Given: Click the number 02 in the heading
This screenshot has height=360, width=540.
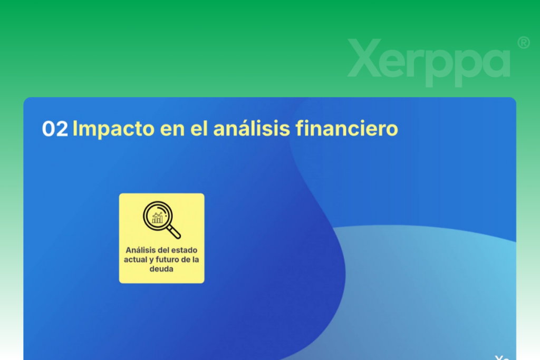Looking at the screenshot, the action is click(55, 129).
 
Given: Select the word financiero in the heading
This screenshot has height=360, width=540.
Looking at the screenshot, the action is click(347, 129).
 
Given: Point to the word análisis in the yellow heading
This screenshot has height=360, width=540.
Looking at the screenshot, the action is click(252, 129).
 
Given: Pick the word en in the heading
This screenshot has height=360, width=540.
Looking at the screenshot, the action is click(172, 131).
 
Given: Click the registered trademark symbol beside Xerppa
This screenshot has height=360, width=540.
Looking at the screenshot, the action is click(524, 43).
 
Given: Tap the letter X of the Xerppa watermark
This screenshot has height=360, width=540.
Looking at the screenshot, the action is click(365, 58).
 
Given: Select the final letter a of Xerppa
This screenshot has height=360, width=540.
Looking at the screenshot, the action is click(494, 63).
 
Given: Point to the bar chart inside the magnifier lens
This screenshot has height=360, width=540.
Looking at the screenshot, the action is click(157, 218).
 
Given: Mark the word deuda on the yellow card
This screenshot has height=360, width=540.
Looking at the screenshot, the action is click(161, 269).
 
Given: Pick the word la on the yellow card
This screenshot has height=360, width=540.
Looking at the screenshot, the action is click(196, 259).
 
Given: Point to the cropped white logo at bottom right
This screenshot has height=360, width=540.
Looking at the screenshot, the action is click(502, 357).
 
